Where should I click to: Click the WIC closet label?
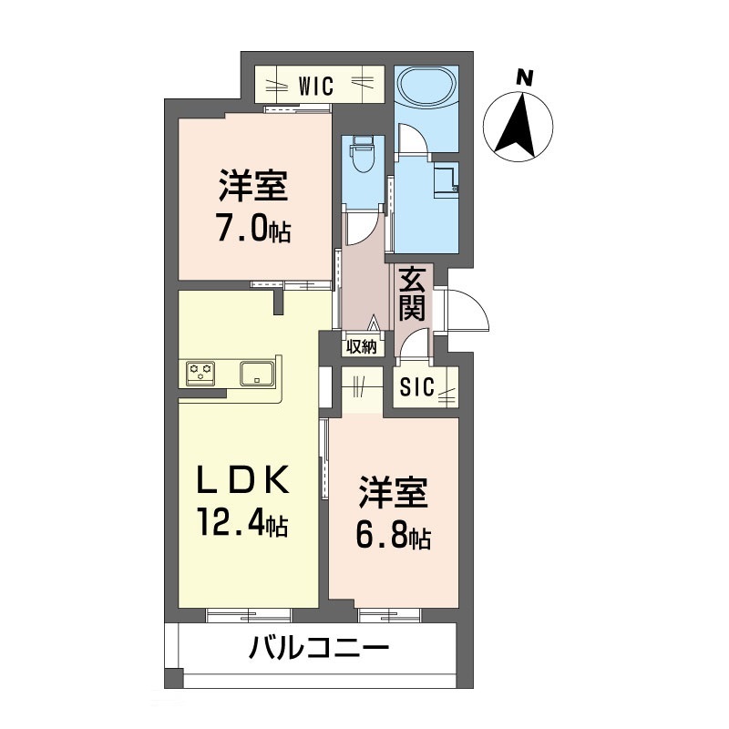[x=316, y=87]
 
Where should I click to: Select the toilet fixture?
[x=363, y=154]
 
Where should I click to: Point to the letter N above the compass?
[x=523, y=77]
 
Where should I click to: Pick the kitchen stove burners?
[x=200, y=372]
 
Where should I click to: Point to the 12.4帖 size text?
[x=242, y=523]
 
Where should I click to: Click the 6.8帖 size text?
[x=392, y=536]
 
